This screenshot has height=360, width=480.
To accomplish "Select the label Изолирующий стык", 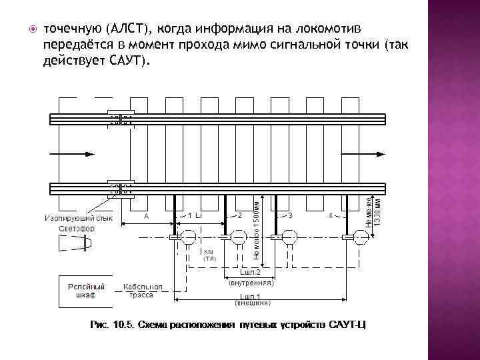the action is [x=79, y=218].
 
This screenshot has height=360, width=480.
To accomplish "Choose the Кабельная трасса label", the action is [x=142, y=290].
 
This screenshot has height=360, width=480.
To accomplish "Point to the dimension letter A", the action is [x=146, y=216].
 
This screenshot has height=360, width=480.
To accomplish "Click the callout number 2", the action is [x=239, y=216].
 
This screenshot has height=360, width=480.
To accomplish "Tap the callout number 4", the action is [x=331, y=216].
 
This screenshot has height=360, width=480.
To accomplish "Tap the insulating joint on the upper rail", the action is [x=121, y=119].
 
